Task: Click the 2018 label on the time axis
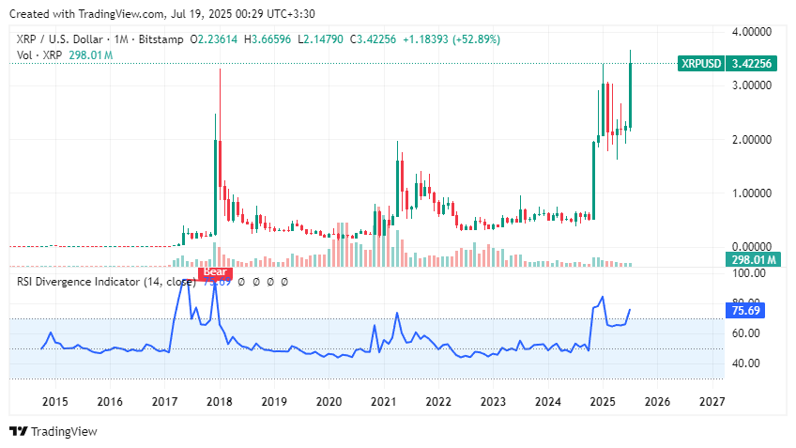(x=219, y=401)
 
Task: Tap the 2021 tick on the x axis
(x=384, y=401)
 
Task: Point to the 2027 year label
(x=712, y=401)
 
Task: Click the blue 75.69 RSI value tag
(x=749, y=308)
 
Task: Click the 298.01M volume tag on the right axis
(x=752, y=259)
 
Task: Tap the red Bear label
(x=216, y=273)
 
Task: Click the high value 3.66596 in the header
(x=257, y=39)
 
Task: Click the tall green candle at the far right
(x=632, y=94)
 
